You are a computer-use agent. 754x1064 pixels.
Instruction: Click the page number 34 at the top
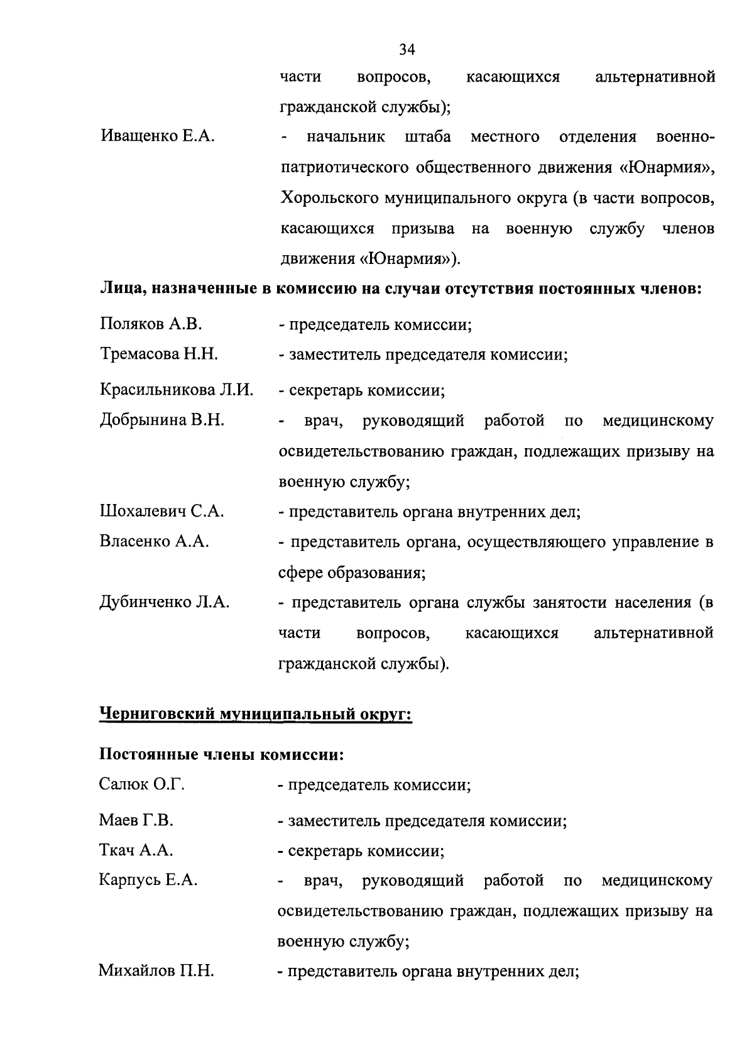tap(407, 49)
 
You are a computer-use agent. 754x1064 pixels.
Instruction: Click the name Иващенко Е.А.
tap(157, 137)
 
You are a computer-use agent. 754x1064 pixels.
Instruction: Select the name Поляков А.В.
tap(151, 324)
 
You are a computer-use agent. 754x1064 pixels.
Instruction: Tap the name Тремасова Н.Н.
tap(159, 354)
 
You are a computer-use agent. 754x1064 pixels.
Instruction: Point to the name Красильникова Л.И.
tap(177, 390)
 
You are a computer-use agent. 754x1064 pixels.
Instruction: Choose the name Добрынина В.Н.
tap(162, 420)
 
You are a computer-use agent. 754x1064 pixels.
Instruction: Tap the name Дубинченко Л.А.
tap(165, 603)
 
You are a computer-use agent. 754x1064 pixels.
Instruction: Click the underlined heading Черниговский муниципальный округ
tap(256, 715)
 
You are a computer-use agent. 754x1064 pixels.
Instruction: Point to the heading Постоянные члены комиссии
tap(222, 754)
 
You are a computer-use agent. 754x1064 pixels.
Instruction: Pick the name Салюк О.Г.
tap(142, 784)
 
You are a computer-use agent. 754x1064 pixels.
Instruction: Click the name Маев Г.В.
tap(136, 820)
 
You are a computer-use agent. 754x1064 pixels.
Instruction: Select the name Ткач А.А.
tap(136, 851)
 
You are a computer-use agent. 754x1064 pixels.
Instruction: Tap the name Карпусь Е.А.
tap(148, 880)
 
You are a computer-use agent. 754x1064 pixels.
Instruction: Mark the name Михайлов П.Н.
tap(156, 972)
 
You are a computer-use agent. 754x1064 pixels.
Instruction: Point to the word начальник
tap(346, 137)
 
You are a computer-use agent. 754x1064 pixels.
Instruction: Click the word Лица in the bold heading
tap(121, 289)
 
